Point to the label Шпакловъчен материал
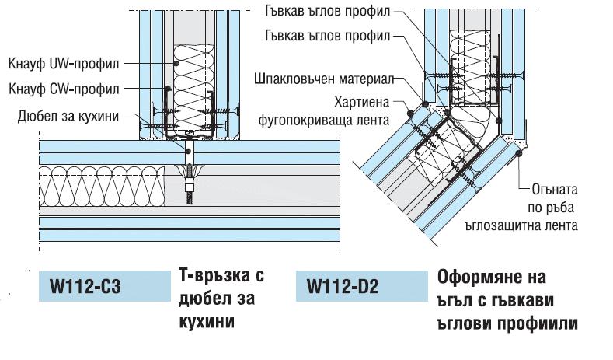(x=325, y=79)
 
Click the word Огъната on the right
(x=553, y=189)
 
